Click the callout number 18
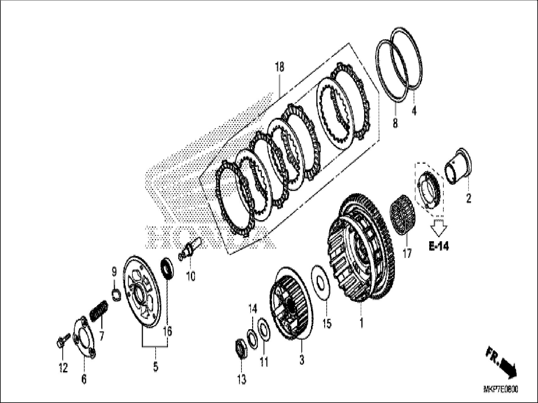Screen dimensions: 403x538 tap(279, 67)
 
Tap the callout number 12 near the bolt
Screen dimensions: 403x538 tap(63, 368)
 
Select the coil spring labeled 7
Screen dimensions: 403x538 tap(99, 310)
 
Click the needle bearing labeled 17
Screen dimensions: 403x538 tap(403, 215)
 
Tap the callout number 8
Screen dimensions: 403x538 tap(395, 123)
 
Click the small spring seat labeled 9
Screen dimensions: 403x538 tap(116, 295)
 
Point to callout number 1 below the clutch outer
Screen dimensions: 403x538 tap(362, 323)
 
